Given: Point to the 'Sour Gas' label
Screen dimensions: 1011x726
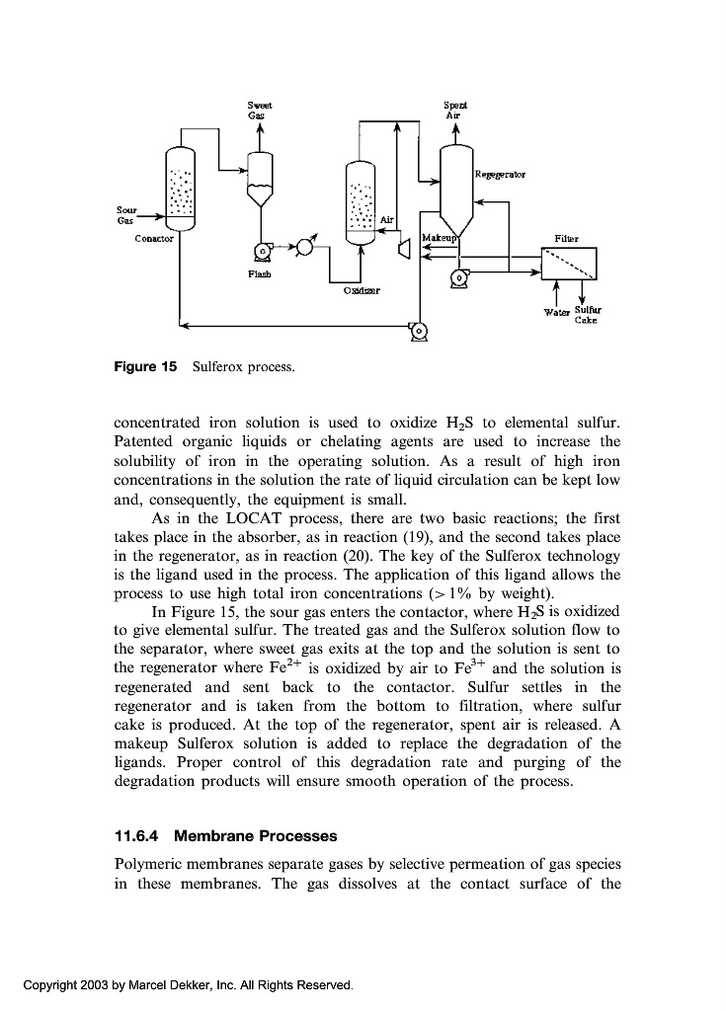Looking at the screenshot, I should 126,214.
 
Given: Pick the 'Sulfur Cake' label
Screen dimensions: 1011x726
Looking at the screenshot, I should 591,316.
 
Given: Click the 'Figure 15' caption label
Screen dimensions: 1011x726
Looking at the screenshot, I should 145,366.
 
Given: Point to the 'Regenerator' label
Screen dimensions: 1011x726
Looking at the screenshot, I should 499,175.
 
